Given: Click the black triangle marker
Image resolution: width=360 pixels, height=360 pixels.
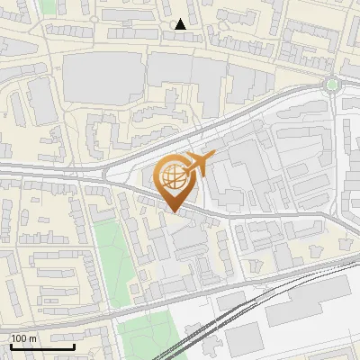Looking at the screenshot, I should (x=181, y=24).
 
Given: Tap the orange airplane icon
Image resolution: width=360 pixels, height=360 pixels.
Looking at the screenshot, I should (x=199, y=165).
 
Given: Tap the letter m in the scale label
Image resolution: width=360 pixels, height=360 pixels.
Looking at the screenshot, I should (x=33, y=339).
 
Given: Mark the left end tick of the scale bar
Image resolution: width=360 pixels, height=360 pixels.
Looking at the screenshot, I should (x=10, y=346).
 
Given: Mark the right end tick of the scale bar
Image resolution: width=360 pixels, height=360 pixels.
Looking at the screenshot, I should (x=74, y=346).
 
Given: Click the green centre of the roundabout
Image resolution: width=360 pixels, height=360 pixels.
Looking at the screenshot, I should (x=332, y=85).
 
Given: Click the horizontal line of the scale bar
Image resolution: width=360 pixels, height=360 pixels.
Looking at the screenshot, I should (x=41, y=347).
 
